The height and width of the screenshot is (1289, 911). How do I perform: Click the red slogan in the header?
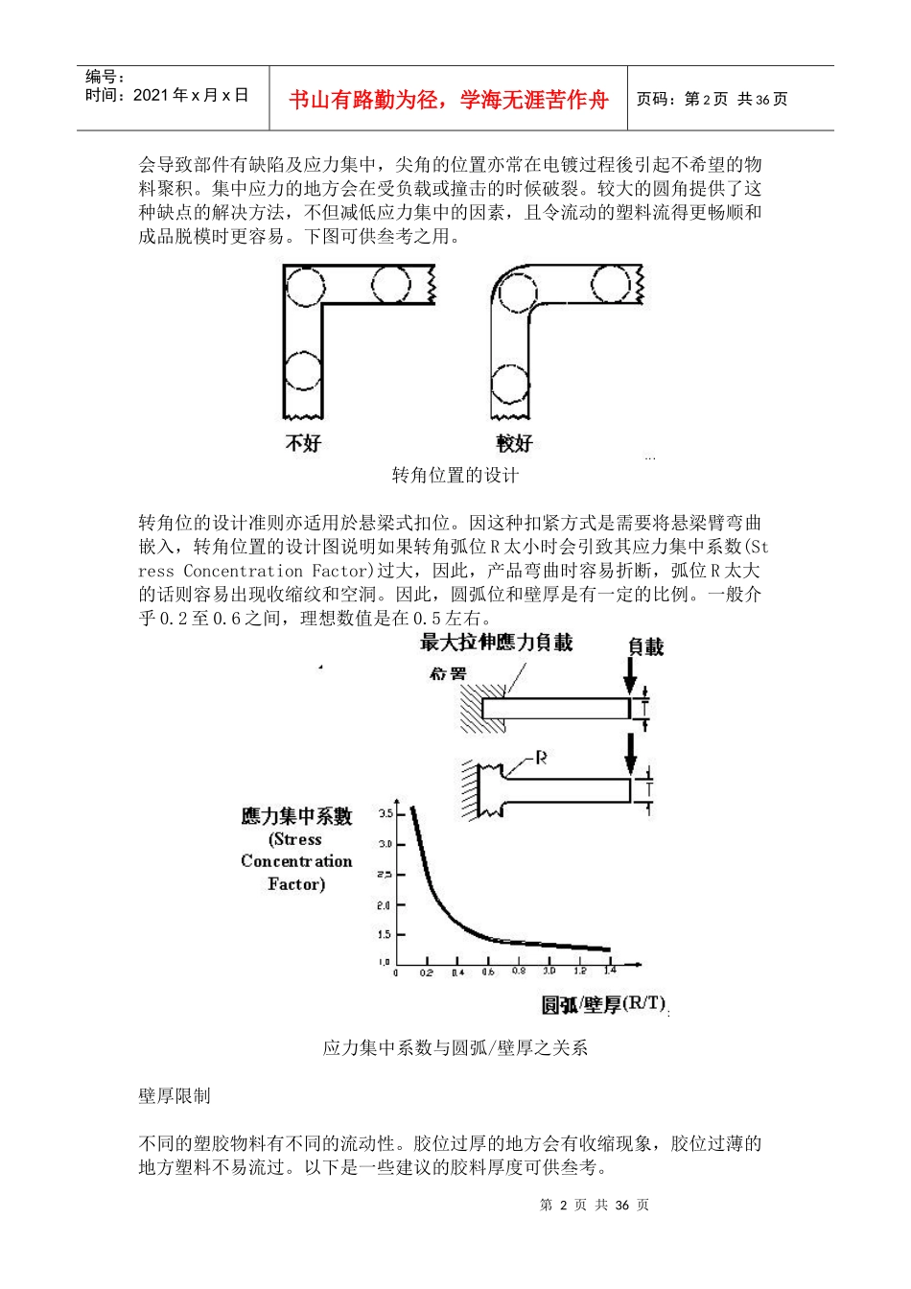(x=448, y=100)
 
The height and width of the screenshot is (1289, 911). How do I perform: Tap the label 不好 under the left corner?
(x=303, y=443)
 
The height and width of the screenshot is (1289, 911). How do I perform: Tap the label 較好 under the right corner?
(x=514, y=443)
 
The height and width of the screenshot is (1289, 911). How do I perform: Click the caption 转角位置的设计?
(x=455, y=476)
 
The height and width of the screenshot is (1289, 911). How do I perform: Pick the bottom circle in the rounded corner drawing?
(x=509, y=385)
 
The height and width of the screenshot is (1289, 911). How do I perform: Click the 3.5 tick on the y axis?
(x=385, y=813)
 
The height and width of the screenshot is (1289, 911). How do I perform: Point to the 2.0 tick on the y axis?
(x=385, y=905)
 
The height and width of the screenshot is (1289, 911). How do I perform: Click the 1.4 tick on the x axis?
(x=610, y=971)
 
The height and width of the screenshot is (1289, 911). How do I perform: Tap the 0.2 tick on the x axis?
(x=426, y=973)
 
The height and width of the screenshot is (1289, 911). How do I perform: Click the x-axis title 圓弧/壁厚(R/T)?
(x=603, y=1004)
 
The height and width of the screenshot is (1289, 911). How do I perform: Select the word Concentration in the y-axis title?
(x=296, y=861)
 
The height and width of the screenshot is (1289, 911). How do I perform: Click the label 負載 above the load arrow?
(x=645, y=647)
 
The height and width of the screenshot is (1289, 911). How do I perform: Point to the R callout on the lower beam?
(x=541, y=758)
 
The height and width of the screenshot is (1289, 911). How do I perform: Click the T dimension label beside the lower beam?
(x=649, y=789)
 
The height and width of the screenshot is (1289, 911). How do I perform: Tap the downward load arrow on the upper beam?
(x=630, y=676)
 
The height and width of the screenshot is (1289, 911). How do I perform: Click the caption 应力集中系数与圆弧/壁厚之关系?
(x=455, y=1048)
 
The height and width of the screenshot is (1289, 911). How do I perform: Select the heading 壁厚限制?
(x=175, y=1096)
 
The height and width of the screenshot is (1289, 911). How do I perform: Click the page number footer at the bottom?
(x=595, y=1206)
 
